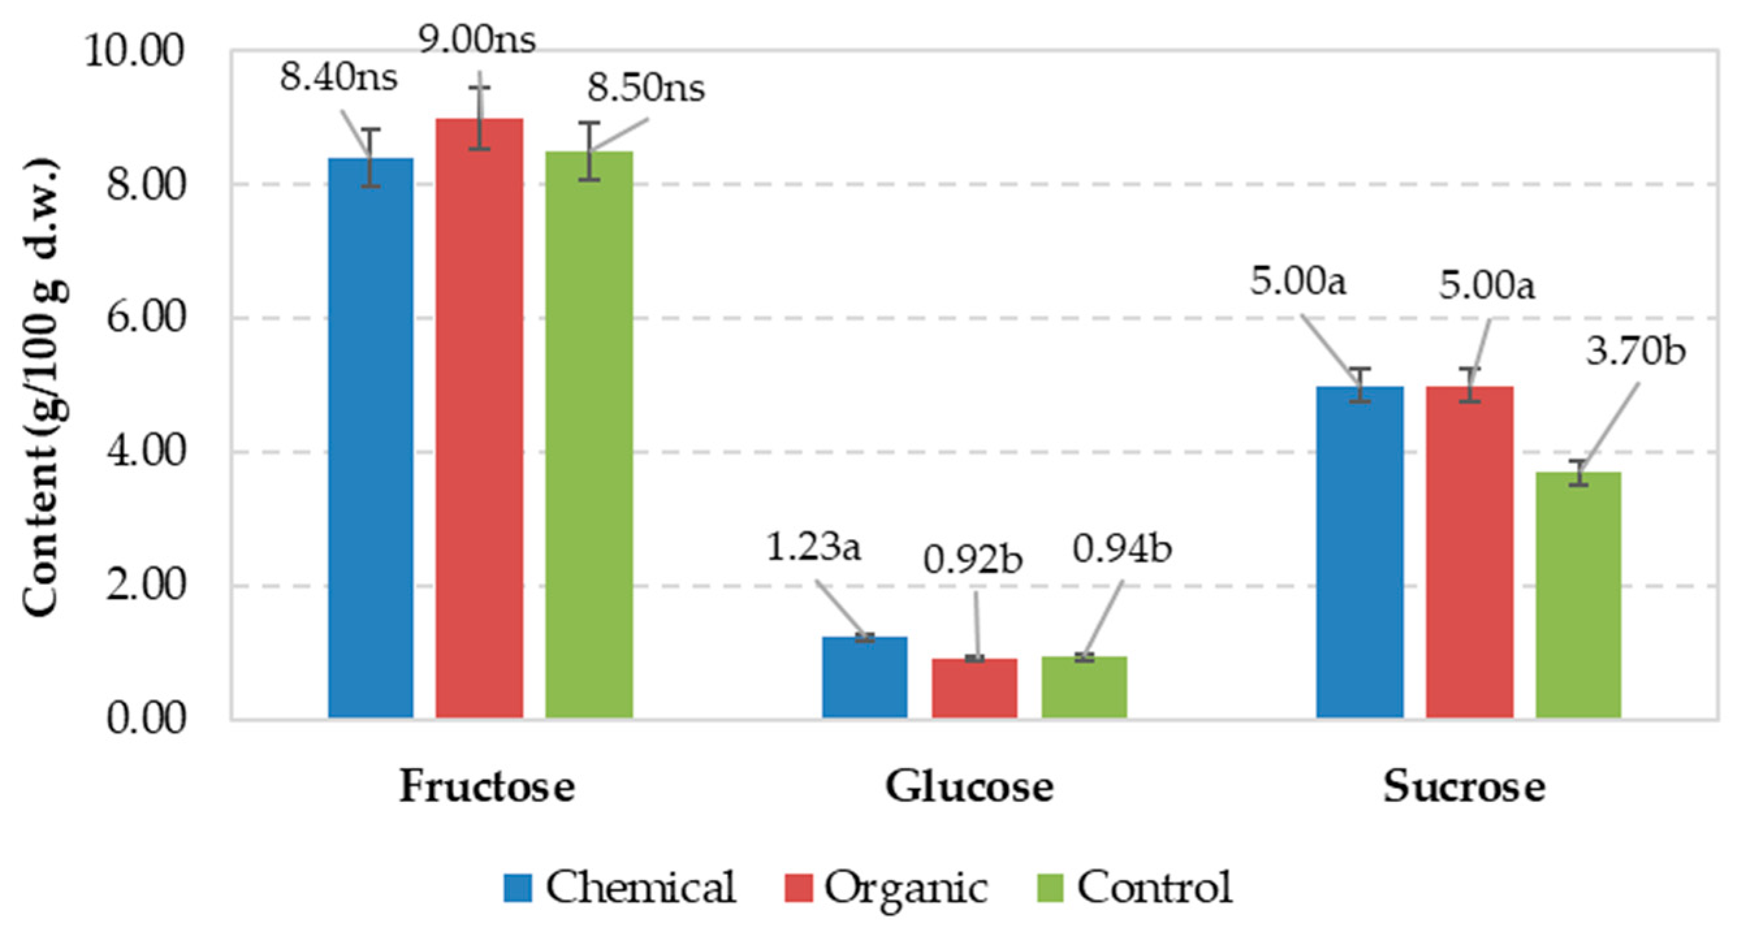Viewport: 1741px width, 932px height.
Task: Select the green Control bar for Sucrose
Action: (x=1578, y=594)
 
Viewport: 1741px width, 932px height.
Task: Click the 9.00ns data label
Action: (x=477, y=40)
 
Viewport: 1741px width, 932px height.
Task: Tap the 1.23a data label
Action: (x=813, y=548)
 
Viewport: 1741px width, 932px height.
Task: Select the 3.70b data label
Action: (x=1636, y=351)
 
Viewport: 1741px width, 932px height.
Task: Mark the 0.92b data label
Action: (x=972, y=559)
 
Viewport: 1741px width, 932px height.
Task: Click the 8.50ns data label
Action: (x=645, y=88)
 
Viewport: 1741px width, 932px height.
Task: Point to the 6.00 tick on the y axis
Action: (x=145, y=317)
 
